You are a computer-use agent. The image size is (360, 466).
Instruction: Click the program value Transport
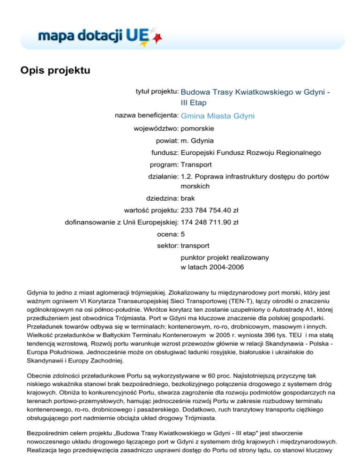click(x=196, y=165)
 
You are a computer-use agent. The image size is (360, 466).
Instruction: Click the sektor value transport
click(x=195, y=245)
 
